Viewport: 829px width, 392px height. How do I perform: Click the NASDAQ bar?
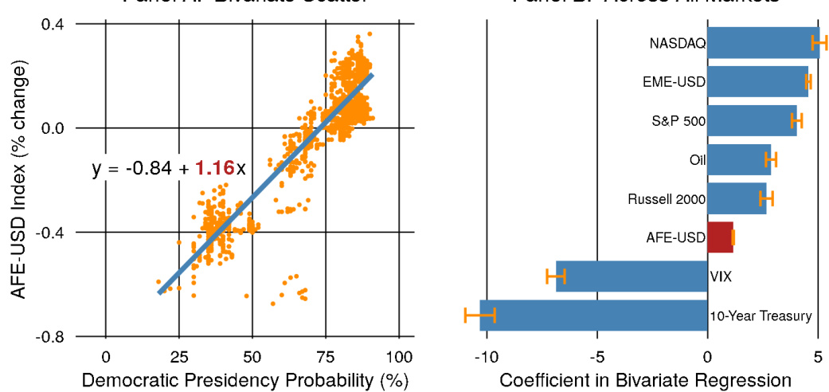763,43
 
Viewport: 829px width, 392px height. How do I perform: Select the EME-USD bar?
757,81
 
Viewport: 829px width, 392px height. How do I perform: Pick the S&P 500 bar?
752,120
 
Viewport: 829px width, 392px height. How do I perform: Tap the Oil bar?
739,159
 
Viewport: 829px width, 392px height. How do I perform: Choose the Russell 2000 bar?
737,198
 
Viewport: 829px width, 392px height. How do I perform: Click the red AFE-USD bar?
720,237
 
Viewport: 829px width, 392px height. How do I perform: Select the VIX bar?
632,276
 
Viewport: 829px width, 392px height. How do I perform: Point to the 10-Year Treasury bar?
593,316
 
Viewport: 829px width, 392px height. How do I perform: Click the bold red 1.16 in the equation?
214,170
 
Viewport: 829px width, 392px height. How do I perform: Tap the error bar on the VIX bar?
556,276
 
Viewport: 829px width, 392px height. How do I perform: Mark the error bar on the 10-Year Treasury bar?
479,316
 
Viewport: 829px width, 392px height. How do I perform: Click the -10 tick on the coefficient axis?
485,355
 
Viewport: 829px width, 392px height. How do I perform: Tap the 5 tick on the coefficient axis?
818,355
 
